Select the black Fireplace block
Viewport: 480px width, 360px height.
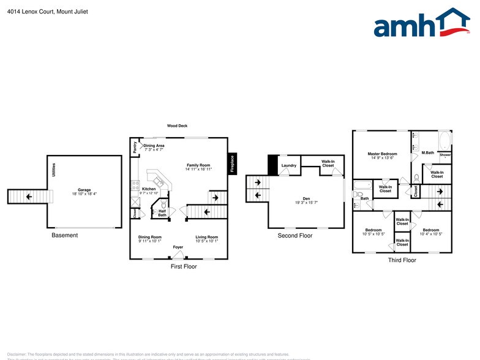pos(232,163)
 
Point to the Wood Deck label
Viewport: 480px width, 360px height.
pos(176,126)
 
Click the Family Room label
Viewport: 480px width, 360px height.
pos(198,165)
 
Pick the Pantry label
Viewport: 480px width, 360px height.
pos(135,147)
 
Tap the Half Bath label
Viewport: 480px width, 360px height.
pos(162,213)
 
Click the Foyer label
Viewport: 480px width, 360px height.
pos(178,247)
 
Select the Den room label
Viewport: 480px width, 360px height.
pos(306,198)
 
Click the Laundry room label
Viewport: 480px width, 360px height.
pos(289,165)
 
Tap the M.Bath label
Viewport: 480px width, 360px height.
pos(427,152)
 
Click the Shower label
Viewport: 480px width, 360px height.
pos(445,156)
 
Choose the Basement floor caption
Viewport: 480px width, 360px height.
pos(64,235)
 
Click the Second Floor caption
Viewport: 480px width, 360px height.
pos(294,235)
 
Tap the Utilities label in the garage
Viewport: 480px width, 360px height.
pos(54,170)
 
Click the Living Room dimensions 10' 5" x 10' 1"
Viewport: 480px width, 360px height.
pos(206,241)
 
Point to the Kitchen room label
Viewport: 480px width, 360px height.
pos(149,189)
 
